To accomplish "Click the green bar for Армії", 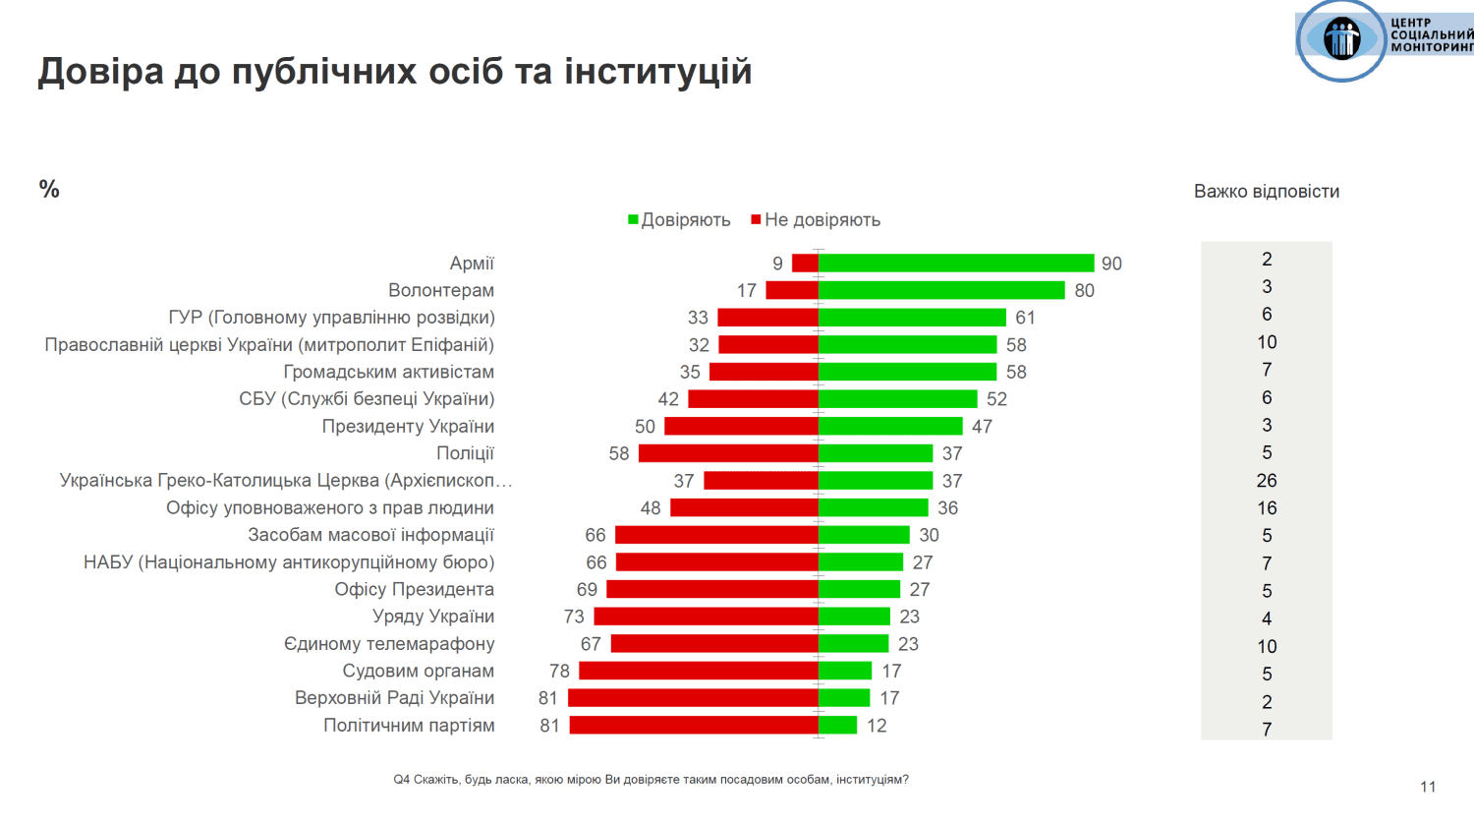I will click(x=955, y=263).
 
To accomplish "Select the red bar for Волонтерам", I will click(x=792, y=290).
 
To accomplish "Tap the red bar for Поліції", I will click(x=728, y=453).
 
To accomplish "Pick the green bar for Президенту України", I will click(x=890, y=426).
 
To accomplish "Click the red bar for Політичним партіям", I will click(x=694, y=725).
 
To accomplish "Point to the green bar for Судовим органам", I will click(x=845, y=671).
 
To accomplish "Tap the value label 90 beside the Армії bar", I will click(x=1111, y=264).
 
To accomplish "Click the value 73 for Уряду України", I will click(x=574, y=617).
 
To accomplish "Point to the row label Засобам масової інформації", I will click(x=370, y=535).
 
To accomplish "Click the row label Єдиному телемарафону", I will click(x=389, y=644).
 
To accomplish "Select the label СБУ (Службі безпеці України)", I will click(x=367, y=399).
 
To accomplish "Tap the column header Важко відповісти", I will click(x=1266, y=192).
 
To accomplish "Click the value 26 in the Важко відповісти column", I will click(x=1267, y=481).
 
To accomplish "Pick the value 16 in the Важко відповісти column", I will click(x=1267, y=508).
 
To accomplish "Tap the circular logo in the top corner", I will click(x=1341, y=40).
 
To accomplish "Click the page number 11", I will click(x=1428, y=787).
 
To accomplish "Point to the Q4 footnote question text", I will click(x=651, y=780).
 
